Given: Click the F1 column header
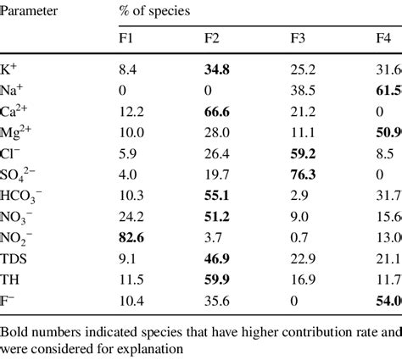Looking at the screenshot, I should tap(126, 39).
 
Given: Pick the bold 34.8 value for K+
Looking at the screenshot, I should tap(220, 69).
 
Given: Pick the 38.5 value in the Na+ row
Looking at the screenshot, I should tap(304, 91).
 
